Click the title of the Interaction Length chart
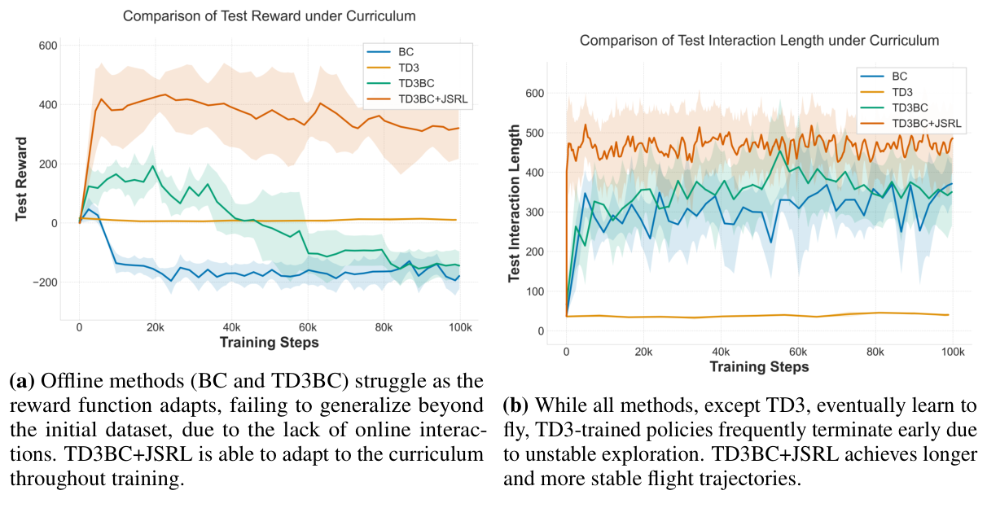pos(759,40)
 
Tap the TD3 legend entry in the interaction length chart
pos(901,91)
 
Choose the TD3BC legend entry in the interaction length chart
pos(910,107)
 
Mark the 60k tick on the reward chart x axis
pos(308,327)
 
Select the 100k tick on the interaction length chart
pos(952,352)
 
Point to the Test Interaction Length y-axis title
pos(514,204)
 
